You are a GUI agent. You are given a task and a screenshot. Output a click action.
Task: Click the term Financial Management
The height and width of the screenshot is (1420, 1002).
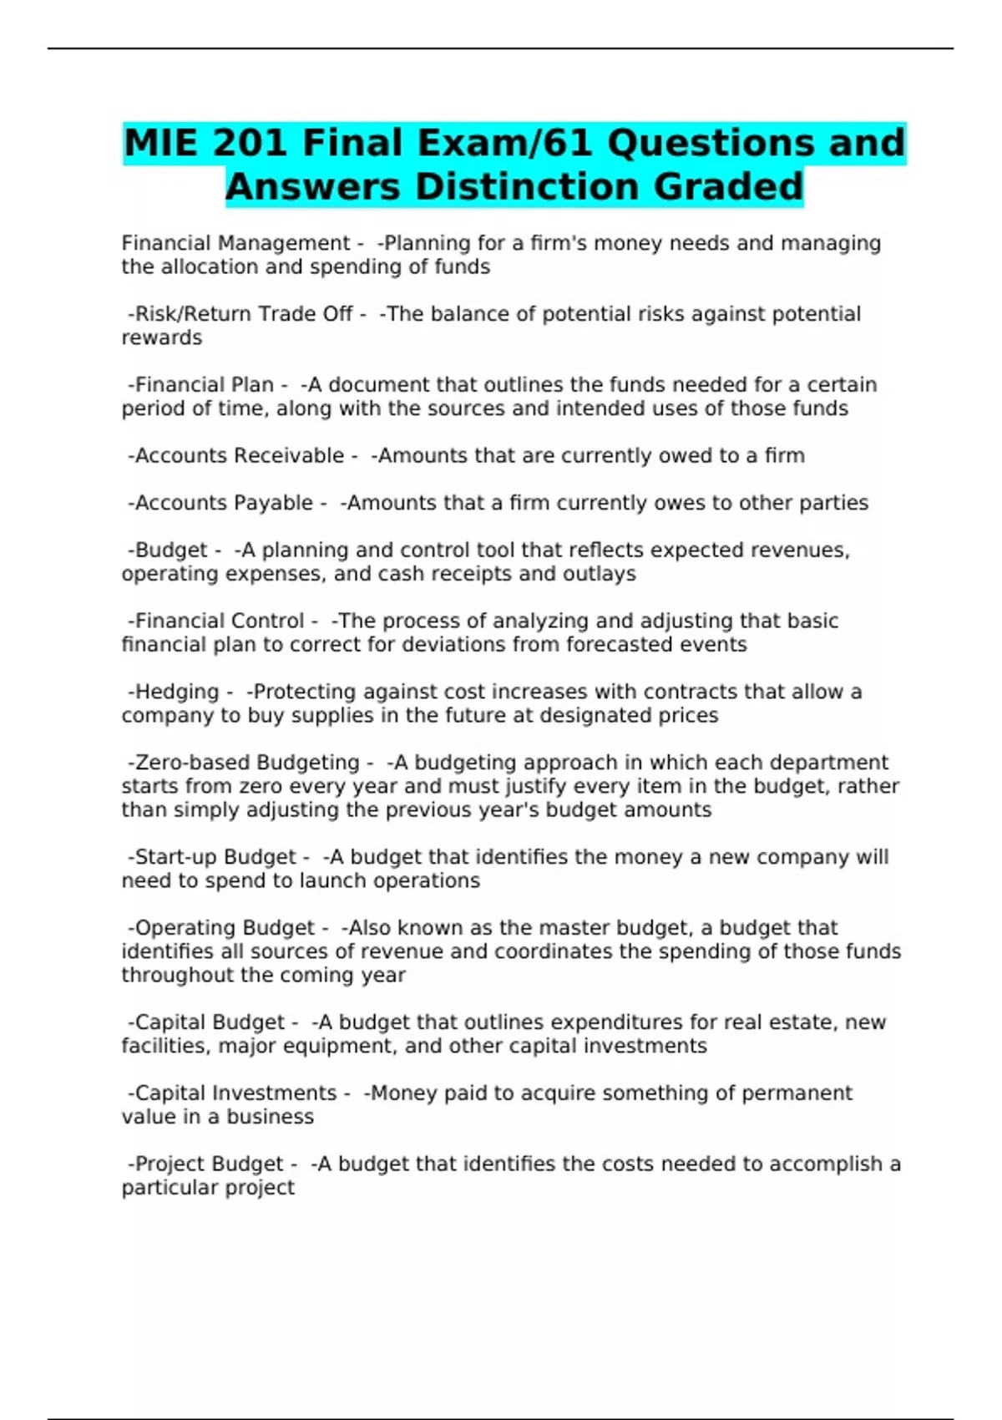(235, 243)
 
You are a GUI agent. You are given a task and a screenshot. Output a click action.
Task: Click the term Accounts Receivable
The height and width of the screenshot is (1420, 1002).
(240, 456)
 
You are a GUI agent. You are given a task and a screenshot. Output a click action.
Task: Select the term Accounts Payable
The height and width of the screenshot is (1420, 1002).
(224, 503)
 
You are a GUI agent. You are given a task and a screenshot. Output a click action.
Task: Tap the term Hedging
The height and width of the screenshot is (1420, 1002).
(177, 692)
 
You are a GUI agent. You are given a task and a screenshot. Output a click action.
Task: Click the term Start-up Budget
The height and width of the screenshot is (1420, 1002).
(215, 857)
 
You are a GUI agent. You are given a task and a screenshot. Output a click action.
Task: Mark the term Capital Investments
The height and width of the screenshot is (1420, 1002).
(236, 1093)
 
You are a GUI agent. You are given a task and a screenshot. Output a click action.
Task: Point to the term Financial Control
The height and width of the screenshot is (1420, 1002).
(220, 621)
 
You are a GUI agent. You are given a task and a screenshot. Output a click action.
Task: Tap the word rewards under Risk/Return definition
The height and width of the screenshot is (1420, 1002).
(162, 338)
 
